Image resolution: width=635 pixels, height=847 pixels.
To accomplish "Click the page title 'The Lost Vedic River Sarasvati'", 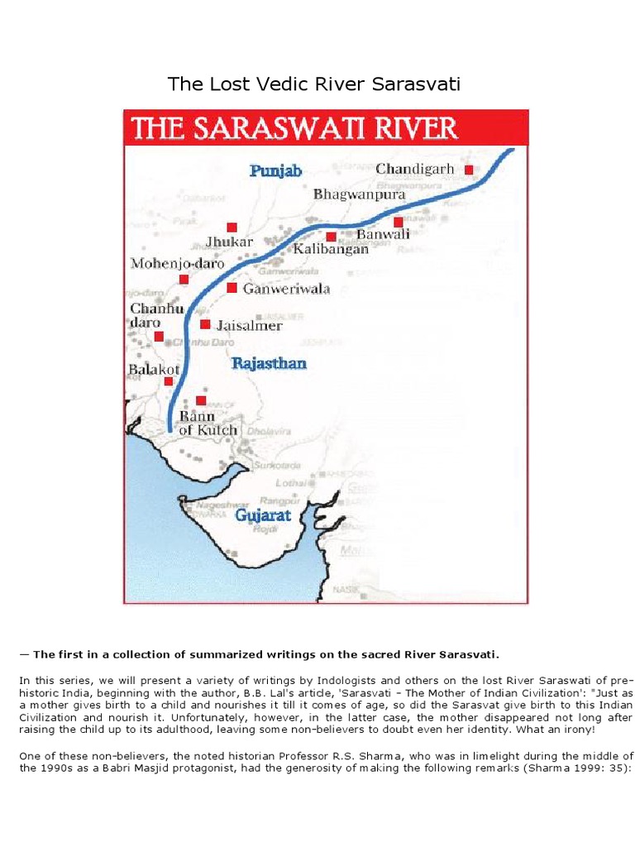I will pos(313,84).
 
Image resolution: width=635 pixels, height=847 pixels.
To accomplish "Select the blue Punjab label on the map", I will pos(276,171).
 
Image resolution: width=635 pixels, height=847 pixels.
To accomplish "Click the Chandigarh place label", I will pos(415,170).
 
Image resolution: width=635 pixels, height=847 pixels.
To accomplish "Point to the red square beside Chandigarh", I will pos(468,170).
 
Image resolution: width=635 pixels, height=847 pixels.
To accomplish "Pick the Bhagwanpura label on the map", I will pos(360,195).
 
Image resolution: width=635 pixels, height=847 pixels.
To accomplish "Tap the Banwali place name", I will pos(383,235).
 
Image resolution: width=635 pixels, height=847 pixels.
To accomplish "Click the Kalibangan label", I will pos(331,249).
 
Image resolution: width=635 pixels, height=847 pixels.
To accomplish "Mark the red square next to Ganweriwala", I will pos(232,288).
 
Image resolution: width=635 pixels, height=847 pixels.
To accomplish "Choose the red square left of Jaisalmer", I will pos(205,324).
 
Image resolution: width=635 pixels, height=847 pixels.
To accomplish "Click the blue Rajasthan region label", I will pos(269,363).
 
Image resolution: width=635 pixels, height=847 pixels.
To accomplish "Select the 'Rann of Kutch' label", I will pos(208,423).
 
